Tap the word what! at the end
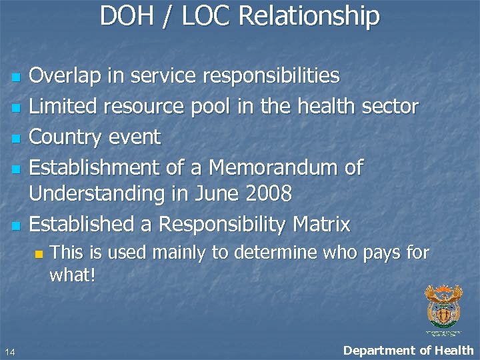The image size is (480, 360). pyautogui.click(x=73, y=275)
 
